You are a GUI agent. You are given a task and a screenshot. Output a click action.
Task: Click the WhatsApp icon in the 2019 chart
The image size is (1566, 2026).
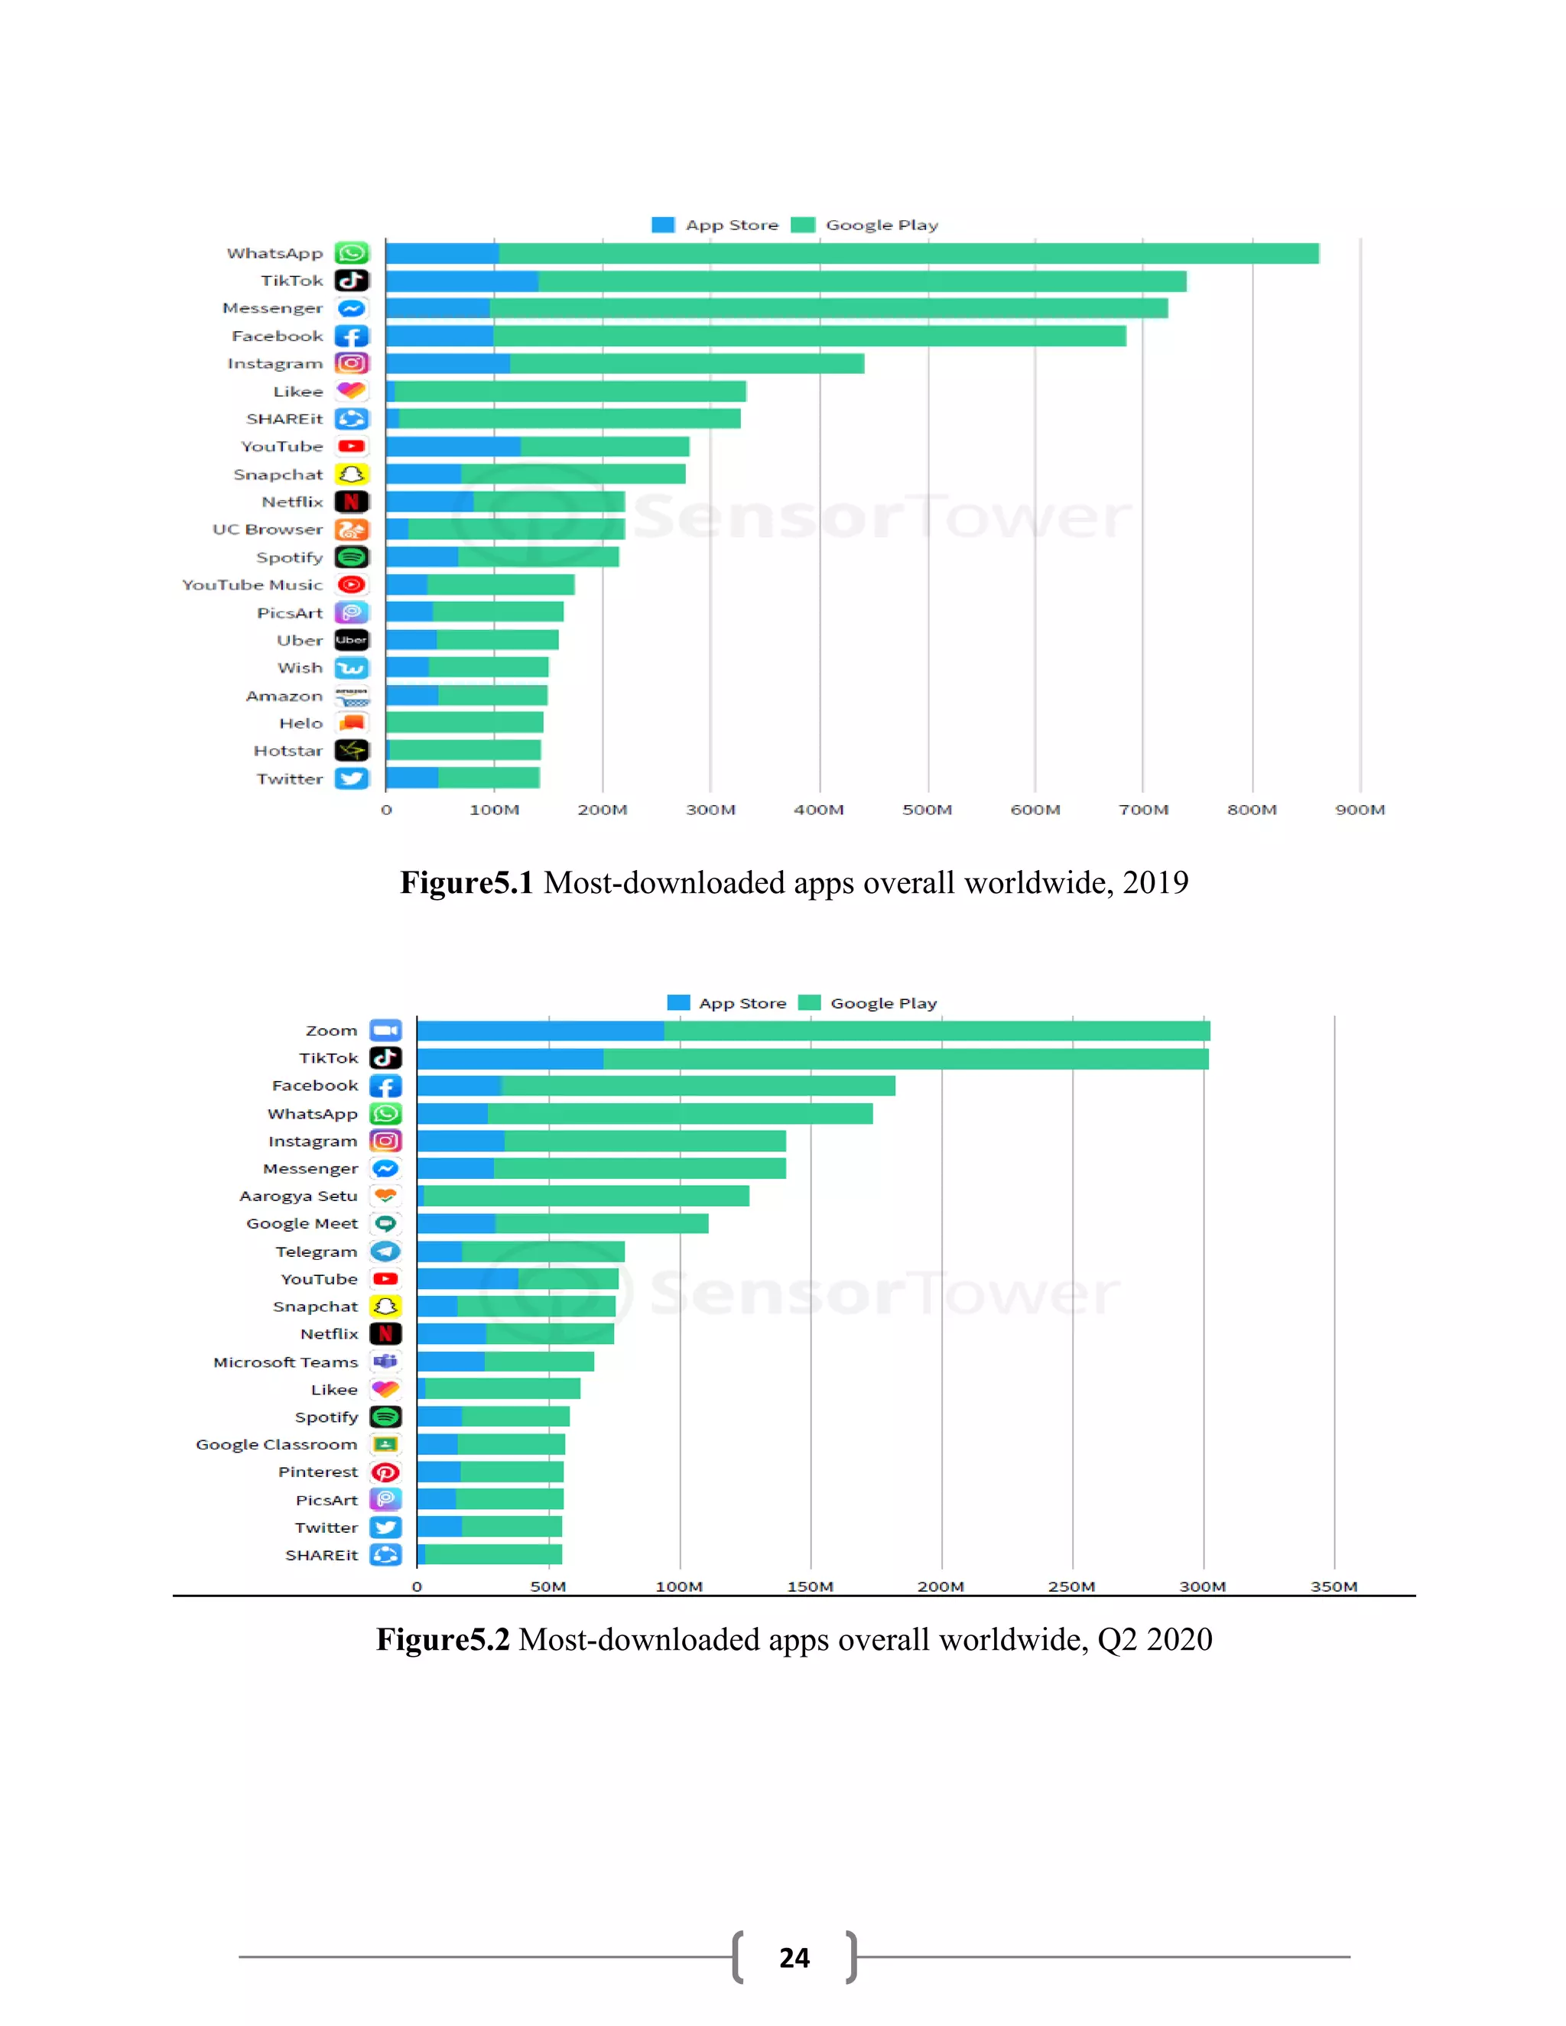[352, 253]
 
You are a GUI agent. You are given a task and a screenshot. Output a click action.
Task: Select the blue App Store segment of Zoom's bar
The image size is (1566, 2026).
[540, 1031]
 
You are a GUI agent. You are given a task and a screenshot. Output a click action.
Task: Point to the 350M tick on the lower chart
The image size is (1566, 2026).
[1333, 1586]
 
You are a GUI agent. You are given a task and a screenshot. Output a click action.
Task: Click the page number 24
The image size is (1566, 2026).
[794, 1957]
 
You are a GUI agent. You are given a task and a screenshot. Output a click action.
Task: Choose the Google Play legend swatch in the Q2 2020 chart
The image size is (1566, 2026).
[809, 1003]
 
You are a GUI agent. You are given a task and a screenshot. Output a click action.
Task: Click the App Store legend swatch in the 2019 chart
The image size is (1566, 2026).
[662, 225]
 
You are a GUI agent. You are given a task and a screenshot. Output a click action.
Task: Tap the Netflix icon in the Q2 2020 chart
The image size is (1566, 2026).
[385, 1334]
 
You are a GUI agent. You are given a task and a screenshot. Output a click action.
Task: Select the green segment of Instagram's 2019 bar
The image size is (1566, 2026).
[687, 364]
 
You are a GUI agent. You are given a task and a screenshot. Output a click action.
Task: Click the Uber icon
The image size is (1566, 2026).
[352, 640]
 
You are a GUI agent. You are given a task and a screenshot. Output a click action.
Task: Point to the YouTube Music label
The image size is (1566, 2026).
[252, 584]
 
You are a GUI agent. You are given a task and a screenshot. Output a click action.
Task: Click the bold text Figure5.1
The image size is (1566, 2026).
[466, 882]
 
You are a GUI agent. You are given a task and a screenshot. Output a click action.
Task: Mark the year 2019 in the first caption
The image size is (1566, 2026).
[1155, 882]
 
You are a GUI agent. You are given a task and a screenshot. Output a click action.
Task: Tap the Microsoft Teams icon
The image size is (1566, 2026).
[385, 1362]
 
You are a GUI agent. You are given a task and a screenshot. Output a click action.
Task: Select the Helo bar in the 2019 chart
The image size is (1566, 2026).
[464, 722]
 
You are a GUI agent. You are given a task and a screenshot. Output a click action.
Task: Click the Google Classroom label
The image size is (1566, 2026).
[277, 1444]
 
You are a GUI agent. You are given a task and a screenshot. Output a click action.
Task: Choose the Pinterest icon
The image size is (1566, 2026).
[385, 1472]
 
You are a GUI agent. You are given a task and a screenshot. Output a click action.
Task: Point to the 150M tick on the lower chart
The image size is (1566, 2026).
[810, 1586]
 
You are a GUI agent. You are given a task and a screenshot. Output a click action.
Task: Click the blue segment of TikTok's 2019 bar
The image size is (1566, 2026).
[461, 281]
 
